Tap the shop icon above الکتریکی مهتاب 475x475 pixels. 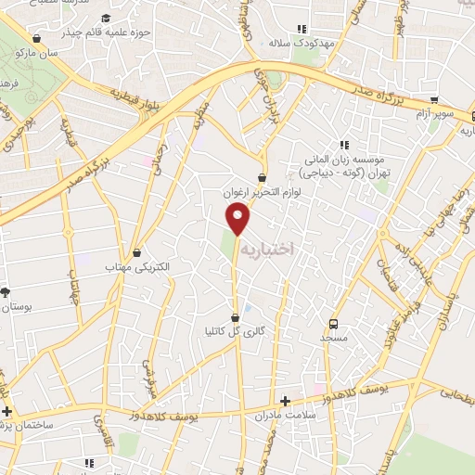pyautogui.click(x=138, y=252)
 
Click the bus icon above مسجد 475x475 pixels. pyautogui.click(x=334, y=324)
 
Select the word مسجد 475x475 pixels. pyautogui.click(x=335, y=339)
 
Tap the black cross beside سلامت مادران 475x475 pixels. pyautogui.click(x=286, y=402)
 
